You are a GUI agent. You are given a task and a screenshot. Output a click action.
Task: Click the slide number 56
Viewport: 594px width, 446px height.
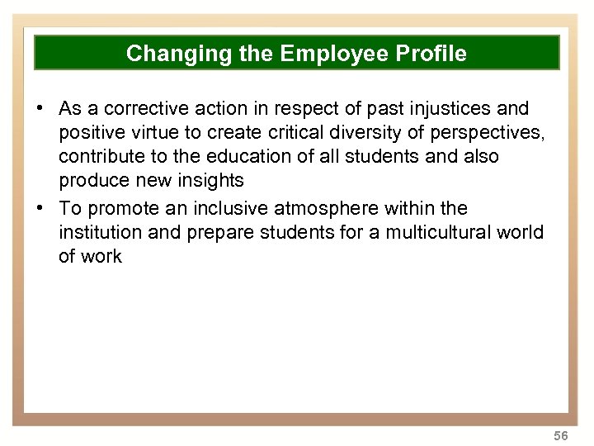click(562, 434)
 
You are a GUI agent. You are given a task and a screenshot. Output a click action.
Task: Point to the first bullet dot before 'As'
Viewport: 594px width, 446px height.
click(39, 109)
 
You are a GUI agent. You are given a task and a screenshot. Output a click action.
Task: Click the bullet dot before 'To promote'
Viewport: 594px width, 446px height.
click(39, 208)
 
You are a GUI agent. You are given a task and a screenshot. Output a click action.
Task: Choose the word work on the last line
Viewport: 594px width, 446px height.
click(102, 256)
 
